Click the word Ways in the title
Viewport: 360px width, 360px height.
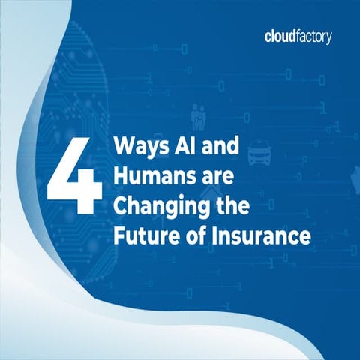pyautogui.click(x=136, y=145)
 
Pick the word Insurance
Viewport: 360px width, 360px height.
pyautogui.click(x=260, y=235)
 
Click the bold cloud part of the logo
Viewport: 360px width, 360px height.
pyautogui.click(x=281, y=36)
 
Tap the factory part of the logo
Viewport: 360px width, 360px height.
pyautogui.click(x=315, y=37)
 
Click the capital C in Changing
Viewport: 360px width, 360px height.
pyautogui.click(x=121, y=206)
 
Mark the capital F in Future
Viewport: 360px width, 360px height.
pyautogui.click(x=119, y=235)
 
